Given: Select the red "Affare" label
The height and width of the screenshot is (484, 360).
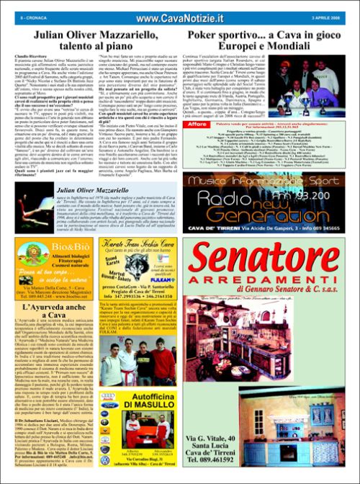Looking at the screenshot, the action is point(199,124).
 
